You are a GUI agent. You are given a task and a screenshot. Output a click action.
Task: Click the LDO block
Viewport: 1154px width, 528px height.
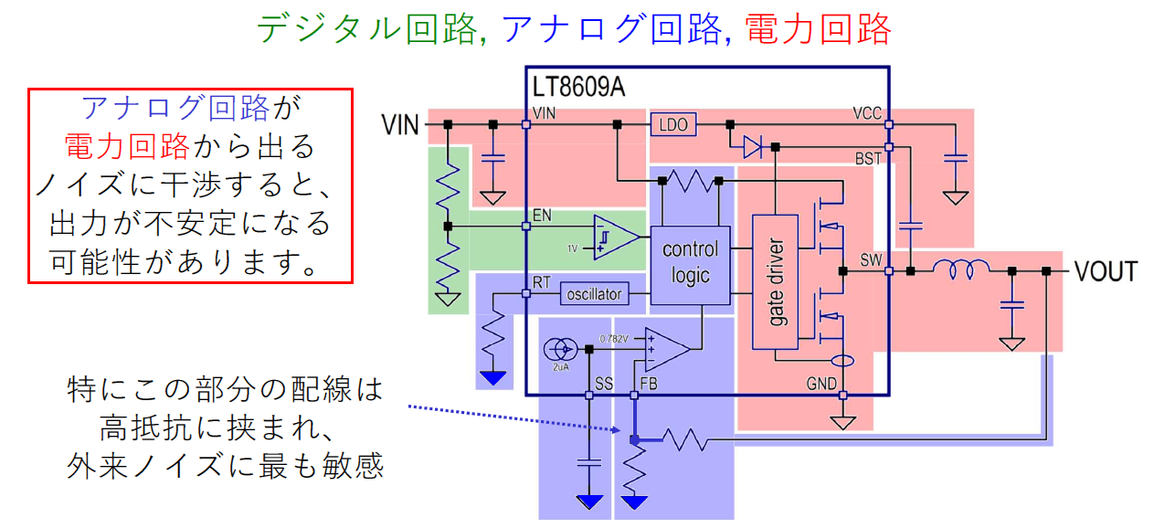pos(673,124)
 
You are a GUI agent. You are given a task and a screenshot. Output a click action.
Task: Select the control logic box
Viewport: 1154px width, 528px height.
pos(690,263)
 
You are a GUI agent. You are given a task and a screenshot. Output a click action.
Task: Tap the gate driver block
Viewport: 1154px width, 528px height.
pos(776,282)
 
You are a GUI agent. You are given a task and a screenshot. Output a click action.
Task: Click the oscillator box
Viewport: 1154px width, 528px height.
pos(594,294)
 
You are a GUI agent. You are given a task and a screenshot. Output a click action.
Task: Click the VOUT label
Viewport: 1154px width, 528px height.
pos(1106,271)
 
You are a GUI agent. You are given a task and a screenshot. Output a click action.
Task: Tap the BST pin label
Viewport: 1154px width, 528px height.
pos(868,159)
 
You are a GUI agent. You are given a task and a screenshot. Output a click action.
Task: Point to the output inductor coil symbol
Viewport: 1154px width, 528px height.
pos(959,270)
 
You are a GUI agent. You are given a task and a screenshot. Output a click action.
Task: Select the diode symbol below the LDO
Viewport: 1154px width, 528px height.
pos(752,146)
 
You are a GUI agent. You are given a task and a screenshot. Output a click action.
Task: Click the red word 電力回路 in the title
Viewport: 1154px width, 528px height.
pos(818,29)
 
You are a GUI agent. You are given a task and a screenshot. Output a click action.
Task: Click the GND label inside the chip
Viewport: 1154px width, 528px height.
pos(821,385)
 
